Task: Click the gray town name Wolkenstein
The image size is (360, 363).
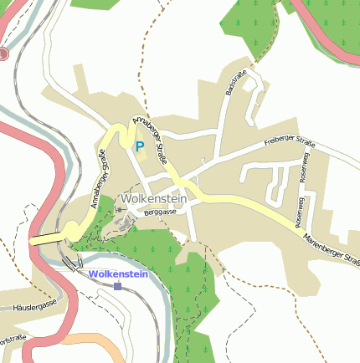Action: tap(153, 199)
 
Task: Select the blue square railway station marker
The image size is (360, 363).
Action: tap(117, 286)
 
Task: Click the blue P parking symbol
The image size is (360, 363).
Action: tap(140, 146)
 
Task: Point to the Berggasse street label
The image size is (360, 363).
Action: tap(160, 213)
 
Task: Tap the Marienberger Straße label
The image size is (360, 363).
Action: tap(332, 248)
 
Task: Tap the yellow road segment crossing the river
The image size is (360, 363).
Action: tap(46, 239)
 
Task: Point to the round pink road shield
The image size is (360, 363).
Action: tap(3, 54)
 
